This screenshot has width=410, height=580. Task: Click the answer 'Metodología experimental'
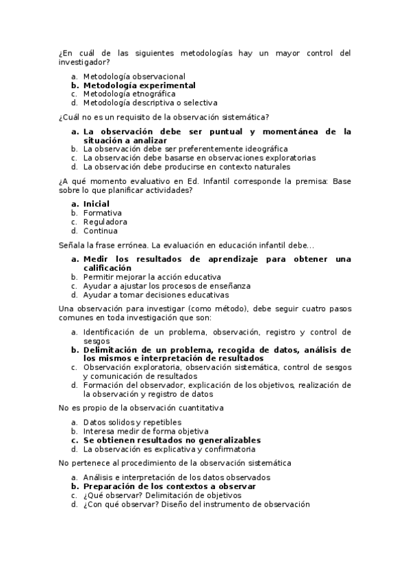(x=139, y=85)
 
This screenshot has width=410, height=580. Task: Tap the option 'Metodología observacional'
(x=134, y=77)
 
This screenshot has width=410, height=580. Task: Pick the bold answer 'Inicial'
(x=96, y=204)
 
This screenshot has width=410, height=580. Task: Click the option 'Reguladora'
(x=105, y=222)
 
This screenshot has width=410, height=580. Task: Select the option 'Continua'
(x=100, y=230)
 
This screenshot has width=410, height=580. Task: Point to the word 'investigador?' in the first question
(x=83, y=62)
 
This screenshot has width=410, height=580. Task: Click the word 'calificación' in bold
(x=107, y=268)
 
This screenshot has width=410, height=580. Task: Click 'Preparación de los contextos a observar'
(x=169, y=486)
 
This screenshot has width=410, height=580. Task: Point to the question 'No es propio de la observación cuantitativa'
(x=142, y=408)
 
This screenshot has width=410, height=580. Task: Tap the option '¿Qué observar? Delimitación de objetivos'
(x=162, y=495)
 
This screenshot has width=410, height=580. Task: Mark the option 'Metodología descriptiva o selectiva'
(x=150, y=103)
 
